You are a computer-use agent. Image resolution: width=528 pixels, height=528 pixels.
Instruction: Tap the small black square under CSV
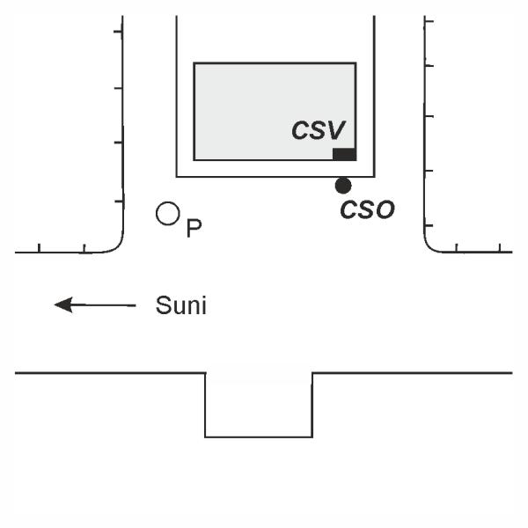click(344, 155)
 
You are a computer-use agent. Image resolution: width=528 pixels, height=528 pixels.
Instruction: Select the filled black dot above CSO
click(343, 185)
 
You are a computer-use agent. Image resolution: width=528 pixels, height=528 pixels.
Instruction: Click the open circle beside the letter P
click(167, 213)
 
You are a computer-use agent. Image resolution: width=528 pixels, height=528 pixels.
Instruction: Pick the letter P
click(194, 228)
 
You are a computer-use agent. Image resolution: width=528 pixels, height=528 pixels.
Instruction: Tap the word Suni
click(180, 306)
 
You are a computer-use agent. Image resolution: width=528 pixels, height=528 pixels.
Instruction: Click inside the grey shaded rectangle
click(255, 106)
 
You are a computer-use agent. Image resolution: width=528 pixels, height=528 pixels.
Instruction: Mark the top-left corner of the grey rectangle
click(194, 63)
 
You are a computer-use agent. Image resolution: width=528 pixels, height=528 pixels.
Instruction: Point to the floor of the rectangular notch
click(259, 436)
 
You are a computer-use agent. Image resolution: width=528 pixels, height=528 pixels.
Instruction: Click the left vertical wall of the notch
click(205, 405)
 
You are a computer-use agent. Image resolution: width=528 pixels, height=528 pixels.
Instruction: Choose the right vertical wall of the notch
click(312, 405)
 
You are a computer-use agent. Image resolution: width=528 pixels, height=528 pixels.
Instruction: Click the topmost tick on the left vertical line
click(118, 32)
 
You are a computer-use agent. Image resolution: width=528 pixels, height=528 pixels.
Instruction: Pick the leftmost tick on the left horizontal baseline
click(40, 249)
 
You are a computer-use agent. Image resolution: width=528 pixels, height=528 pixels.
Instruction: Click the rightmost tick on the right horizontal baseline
click(500, 249)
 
